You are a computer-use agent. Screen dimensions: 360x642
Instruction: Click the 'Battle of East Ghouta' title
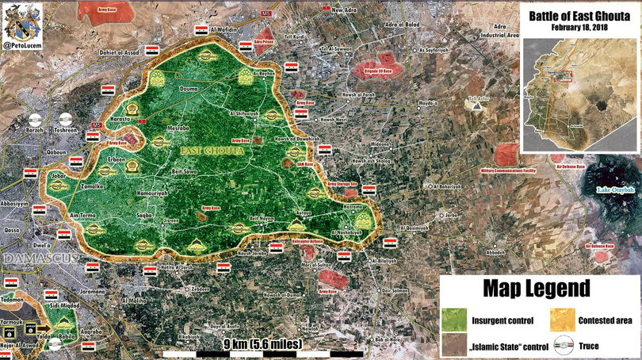(579, 14)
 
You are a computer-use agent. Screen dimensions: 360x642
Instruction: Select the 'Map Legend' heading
(540, 287)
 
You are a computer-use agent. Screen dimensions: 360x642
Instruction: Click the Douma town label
(190, 89)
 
